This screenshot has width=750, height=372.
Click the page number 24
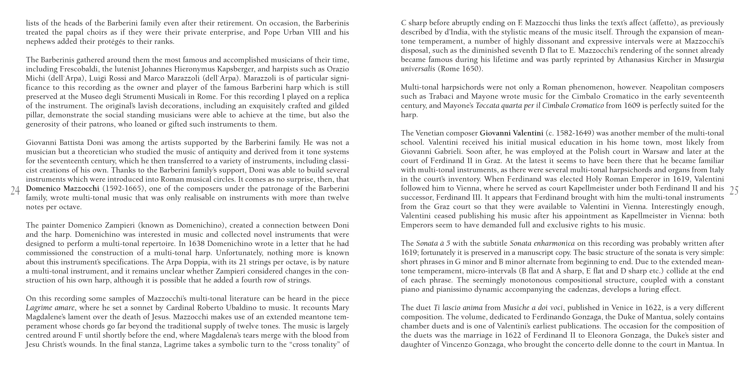(x=15, y=191)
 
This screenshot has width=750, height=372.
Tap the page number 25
(x=734, y=191)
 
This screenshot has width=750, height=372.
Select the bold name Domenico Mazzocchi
(x=63, y=188)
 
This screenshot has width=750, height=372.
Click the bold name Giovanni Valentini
(x=511, y=133)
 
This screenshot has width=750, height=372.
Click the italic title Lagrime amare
(x=50, y=308)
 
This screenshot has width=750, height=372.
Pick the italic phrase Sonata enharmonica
(x=542, y=244)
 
